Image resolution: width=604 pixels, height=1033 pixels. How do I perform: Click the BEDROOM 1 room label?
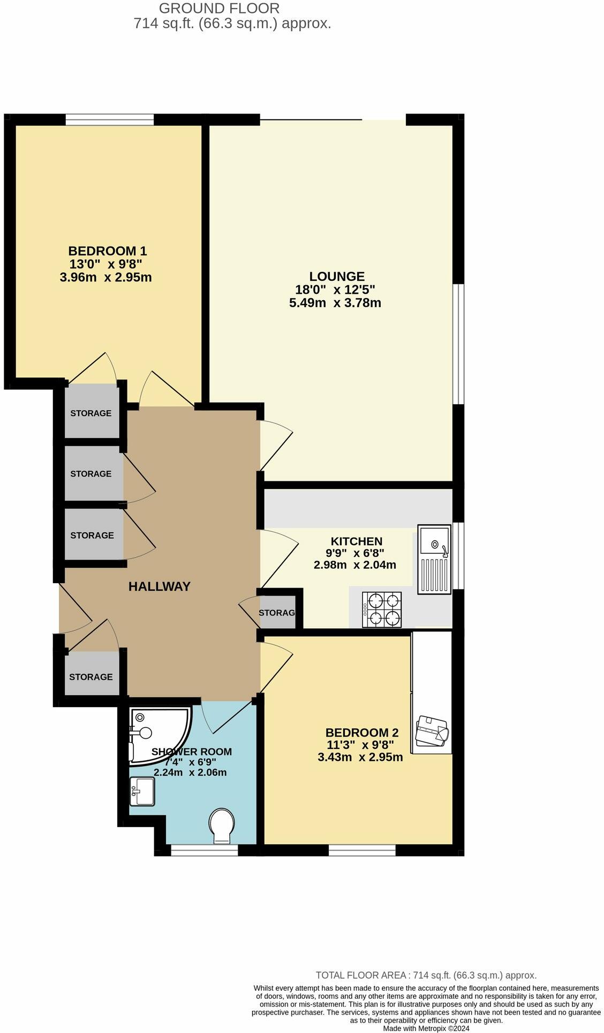point(107,251)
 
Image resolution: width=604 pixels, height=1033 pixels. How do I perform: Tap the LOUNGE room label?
point(337,277)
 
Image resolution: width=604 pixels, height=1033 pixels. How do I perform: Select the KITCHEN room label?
point(356,541)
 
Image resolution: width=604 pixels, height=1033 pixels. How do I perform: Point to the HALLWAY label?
point(160,586)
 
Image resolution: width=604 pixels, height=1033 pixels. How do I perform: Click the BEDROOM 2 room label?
point(362,733)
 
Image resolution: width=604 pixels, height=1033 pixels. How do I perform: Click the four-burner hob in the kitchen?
point(382,610)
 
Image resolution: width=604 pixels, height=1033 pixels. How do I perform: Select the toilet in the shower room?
point(222,826)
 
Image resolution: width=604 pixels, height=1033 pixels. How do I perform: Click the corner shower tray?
point(158,733)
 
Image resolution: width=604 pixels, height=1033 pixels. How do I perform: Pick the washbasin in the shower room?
point(143,791)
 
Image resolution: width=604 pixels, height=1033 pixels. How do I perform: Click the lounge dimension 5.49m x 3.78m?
point(335,303)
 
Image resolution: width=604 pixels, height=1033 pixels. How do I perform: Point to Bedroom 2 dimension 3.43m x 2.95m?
point(360,758)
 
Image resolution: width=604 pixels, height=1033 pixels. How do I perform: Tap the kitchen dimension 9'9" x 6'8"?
point(355,553)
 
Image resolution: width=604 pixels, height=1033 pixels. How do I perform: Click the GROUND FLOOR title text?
point(219,9)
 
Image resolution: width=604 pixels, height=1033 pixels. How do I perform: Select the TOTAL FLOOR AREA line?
point(426,976)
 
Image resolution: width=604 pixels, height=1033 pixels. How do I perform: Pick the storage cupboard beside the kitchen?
point(277,612)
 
